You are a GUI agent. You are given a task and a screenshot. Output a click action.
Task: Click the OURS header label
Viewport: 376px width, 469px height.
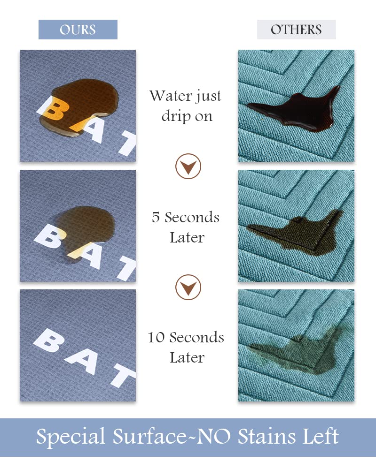(78, 30)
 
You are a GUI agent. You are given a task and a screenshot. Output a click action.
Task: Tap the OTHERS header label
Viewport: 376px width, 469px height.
(296, 30)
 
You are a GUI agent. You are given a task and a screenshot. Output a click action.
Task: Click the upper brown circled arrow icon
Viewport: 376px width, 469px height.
(188, 166)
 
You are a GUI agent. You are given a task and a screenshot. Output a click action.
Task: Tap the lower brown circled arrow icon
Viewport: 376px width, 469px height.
(188, 287)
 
